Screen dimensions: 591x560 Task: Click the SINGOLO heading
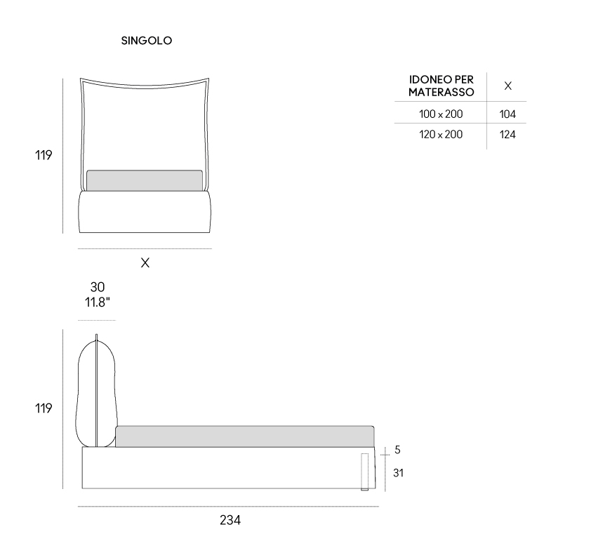point(147,41)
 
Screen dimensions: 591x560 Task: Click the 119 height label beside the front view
point(44,155)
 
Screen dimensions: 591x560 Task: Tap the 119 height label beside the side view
point(44,408)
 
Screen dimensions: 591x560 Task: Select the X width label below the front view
point(145,262)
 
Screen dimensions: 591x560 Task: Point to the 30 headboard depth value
point(98,287)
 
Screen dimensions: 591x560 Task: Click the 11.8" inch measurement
point(98,302)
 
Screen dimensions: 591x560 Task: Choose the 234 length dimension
point(230,520)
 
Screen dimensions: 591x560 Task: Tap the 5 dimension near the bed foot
point(397,450)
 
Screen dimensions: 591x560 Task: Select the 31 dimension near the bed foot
point(398,472)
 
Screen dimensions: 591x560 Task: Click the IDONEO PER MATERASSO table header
point(441,86)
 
